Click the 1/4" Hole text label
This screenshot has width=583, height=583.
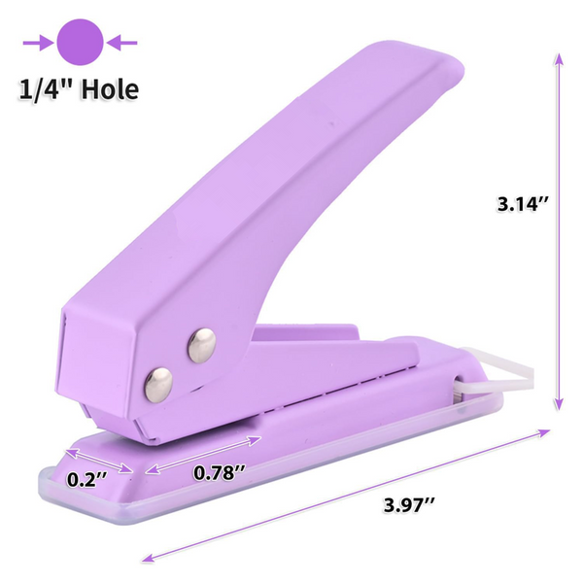tap(77, 89)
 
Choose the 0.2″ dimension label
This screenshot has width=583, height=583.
tap(87, 478)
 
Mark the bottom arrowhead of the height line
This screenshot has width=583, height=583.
tap(558, 408)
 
